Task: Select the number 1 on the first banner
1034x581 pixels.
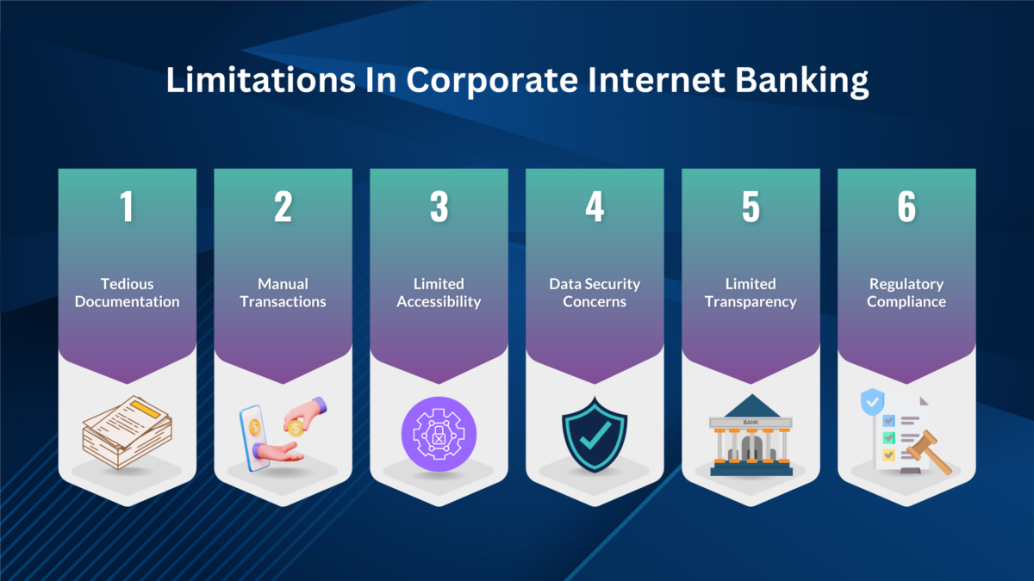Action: pos(127,207)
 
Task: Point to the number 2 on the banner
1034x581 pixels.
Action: pos(283,207)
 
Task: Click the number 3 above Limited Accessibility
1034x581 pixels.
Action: pos(439,207)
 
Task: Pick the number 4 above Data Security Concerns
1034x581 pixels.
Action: pos(595,207)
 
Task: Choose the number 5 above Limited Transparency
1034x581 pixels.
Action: pos(751,207)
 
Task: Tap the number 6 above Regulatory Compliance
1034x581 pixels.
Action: pos(906,207)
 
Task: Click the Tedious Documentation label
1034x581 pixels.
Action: pos(127,293)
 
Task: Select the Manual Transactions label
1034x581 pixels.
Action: pos(283,293)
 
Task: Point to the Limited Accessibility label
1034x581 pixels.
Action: pos(439,293)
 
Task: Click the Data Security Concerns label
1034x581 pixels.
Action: pos(595,293)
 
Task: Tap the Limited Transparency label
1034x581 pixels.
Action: pos(751,293)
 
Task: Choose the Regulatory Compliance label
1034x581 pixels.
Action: pos(906,293)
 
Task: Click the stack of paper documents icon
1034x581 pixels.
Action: pos(127,432)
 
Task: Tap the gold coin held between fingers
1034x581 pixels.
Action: pos(295,427)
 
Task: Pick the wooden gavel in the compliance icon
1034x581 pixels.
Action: pos(931,448)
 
